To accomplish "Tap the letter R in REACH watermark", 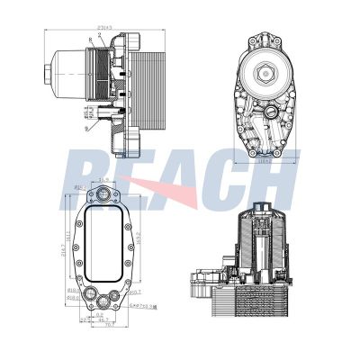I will click(x=90, y=180).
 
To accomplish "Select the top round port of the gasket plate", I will click(x=104, y=200).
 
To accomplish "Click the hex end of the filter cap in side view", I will click(x=46, y=73).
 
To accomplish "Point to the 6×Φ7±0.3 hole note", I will click(x=144, y=306).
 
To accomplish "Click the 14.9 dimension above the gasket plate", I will click(x=104, y=181).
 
